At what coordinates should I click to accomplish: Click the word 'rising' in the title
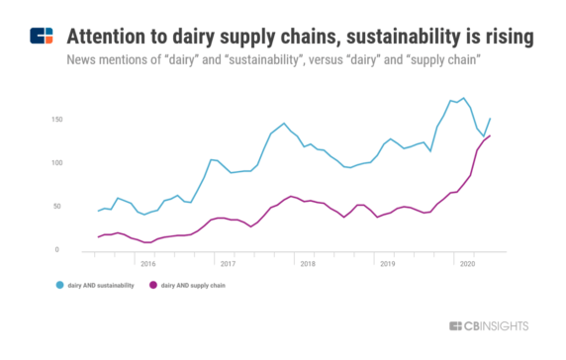click(507, 37)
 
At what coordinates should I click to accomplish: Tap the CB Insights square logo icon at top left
click(42, 38)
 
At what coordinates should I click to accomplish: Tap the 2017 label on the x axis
click(227, 264)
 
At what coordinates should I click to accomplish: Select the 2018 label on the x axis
click(307, 264)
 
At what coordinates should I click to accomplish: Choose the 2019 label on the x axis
click(388, 264)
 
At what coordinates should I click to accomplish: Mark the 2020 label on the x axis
click(468, 264)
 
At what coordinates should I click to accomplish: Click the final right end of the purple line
click(490, 136)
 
